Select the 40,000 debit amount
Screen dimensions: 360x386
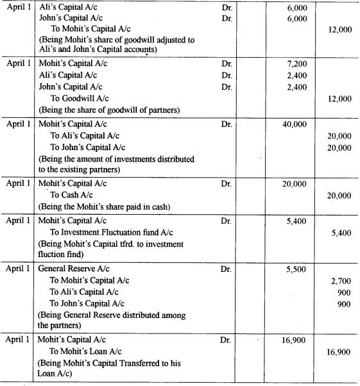pos(295,124)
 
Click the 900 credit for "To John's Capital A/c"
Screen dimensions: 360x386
pos(343,303)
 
